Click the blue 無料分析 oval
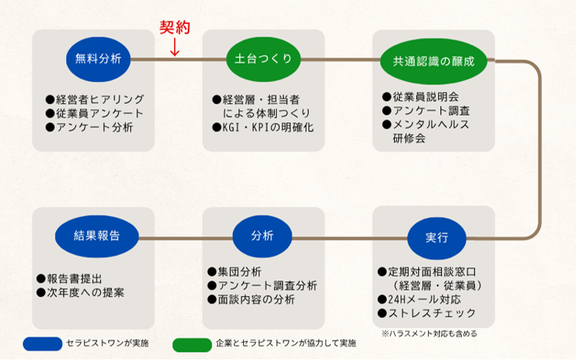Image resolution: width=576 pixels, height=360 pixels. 98,59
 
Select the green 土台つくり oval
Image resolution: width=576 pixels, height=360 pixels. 263,59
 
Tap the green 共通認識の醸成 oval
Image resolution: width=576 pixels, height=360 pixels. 433,61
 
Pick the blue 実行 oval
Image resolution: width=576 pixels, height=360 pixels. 437,238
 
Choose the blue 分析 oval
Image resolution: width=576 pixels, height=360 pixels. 262,236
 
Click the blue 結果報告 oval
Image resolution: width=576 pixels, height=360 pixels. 97,236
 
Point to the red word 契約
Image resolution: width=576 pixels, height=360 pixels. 175,27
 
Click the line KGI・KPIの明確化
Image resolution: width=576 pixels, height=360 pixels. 263,127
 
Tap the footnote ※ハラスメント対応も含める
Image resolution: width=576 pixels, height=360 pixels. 429,333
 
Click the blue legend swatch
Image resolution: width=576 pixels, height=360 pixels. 43,345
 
